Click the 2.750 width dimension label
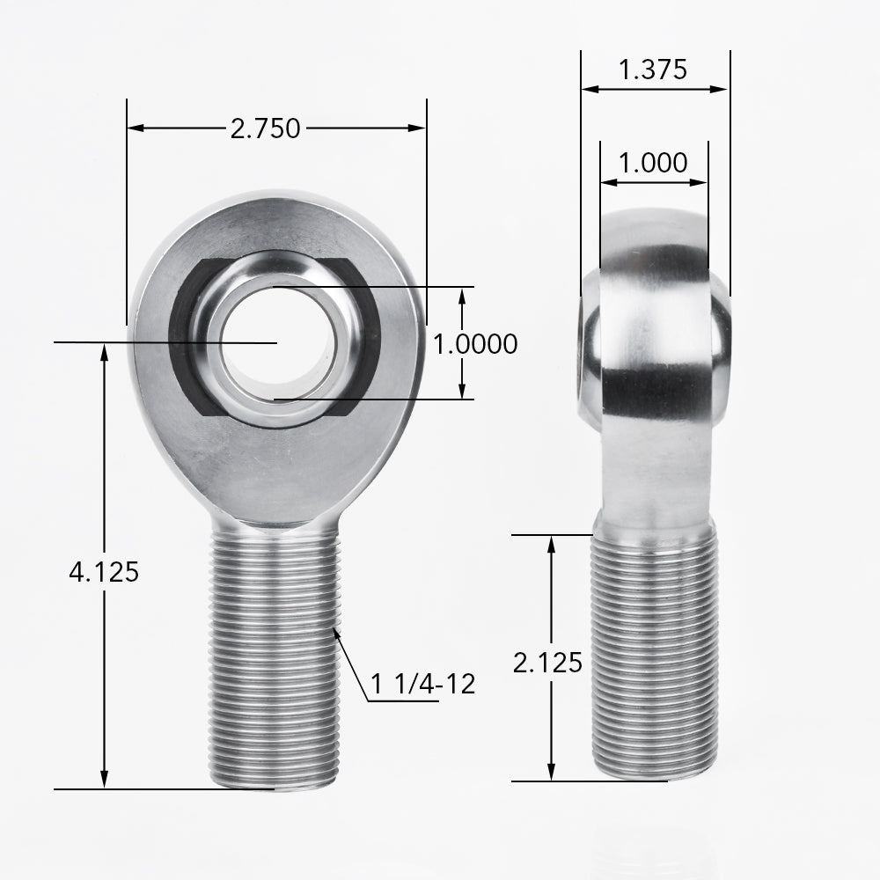(x=265, y=128)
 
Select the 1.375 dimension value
(x=652, y=70)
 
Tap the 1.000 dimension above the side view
(x=652, y=163)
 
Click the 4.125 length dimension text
(x=104, y=572)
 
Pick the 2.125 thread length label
(x=547, y=663)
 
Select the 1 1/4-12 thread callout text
(x=423, y=684)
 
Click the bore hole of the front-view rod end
(x=276, y=342)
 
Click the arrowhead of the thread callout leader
(x=337, y=631)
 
